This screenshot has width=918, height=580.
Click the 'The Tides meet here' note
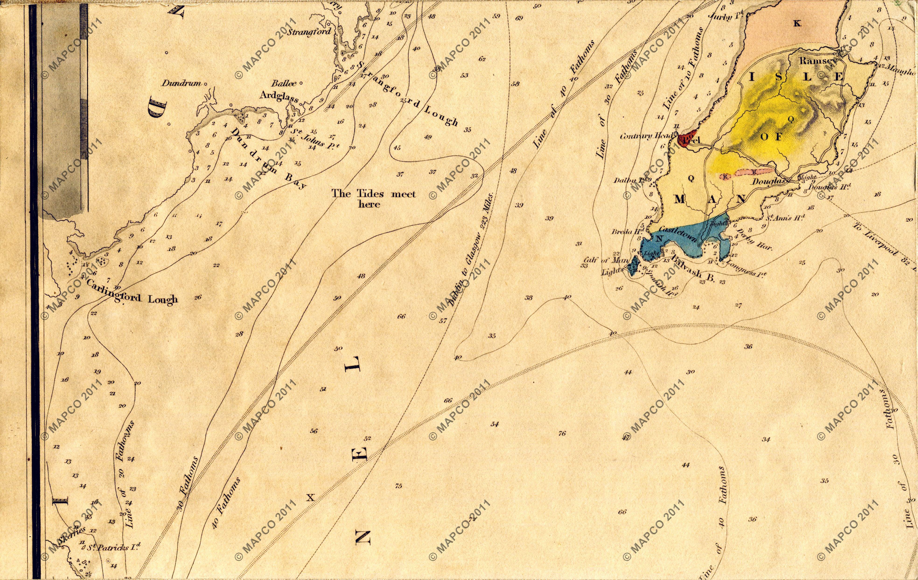click(373, 199)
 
